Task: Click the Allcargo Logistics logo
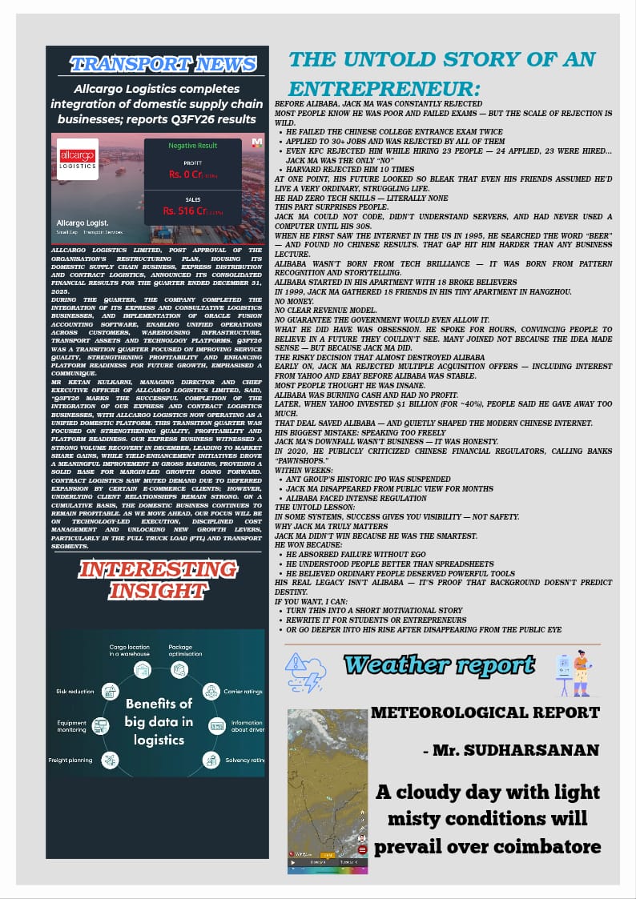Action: (78, 159)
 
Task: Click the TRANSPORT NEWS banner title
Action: (163, 64)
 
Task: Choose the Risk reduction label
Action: (74, 690)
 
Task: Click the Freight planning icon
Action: (111, 759)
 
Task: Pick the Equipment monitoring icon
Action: (101, 726)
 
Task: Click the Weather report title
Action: (439, 665)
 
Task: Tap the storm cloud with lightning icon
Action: (307, 671)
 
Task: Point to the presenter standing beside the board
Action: (581, 671)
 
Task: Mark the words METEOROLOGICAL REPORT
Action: (485, 712)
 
